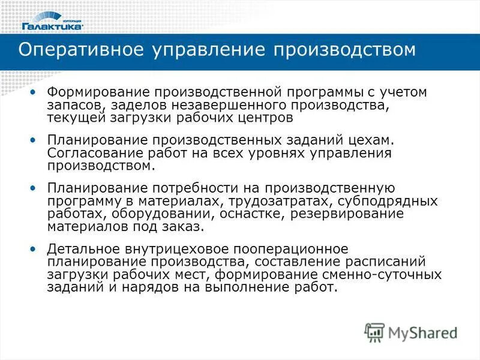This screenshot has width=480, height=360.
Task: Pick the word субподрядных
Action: (386, 201)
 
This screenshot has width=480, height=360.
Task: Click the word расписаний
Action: (379, 262)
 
